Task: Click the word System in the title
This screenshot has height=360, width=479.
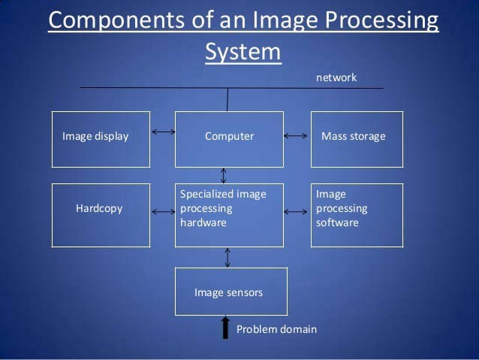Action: click(243, 52)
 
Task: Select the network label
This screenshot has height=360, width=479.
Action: click(336, 77)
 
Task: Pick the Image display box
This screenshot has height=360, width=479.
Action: click(96, 139)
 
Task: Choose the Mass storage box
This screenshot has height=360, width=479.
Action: click(357, 139)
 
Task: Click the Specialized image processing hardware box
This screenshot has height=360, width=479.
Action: click(229, 215)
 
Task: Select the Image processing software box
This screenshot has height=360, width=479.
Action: click(357, 215)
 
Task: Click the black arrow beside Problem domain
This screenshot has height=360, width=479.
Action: click(224, 328)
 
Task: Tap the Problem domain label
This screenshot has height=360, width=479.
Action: click(276, 329)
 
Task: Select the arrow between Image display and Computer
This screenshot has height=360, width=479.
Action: click(163, 132)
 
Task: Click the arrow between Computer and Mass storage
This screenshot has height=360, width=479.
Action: click(297, 136)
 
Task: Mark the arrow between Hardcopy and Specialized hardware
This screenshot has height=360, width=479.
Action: click(163, 212)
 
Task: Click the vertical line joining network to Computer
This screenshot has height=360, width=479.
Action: click(227, 99)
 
